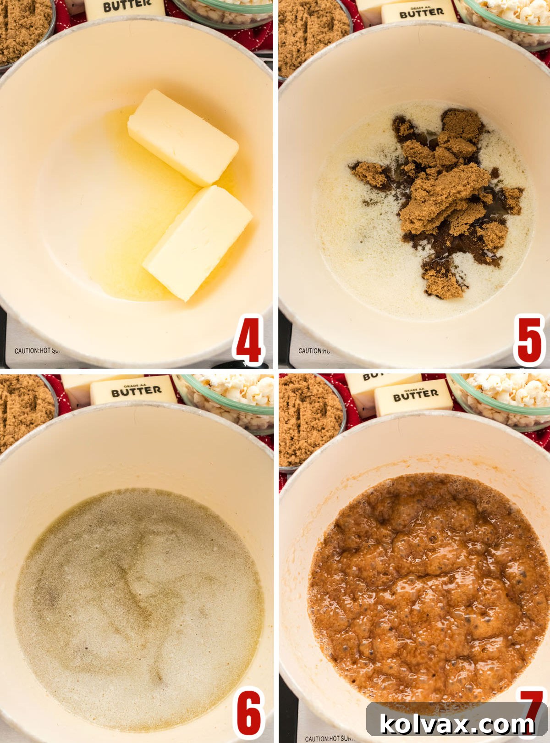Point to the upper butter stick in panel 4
182,137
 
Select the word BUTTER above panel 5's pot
422,13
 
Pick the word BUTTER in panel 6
136,391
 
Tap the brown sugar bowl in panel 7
309,420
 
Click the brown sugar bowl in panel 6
23,410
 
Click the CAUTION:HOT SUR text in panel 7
329,738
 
